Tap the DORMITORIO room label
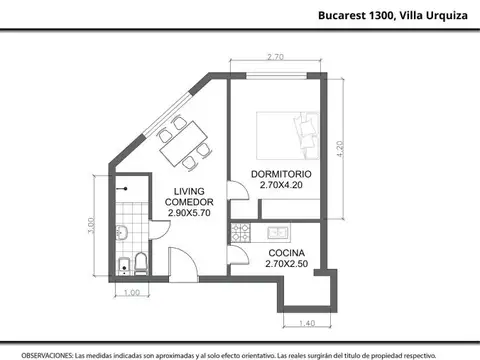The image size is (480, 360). [x=281, y=173]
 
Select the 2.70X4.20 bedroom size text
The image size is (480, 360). [x=281, y=185]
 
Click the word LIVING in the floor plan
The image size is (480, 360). [x=190, y=191]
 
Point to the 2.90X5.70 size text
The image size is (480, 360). [x=190, y=213]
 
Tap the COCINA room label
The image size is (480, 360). [x=288, y=252]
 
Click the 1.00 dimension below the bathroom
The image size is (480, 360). [x=130, y=292]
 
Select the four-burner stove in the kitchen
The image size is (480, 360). [x=240, y=233]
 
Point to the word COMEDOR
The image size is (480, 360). [x=190, y=202]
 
